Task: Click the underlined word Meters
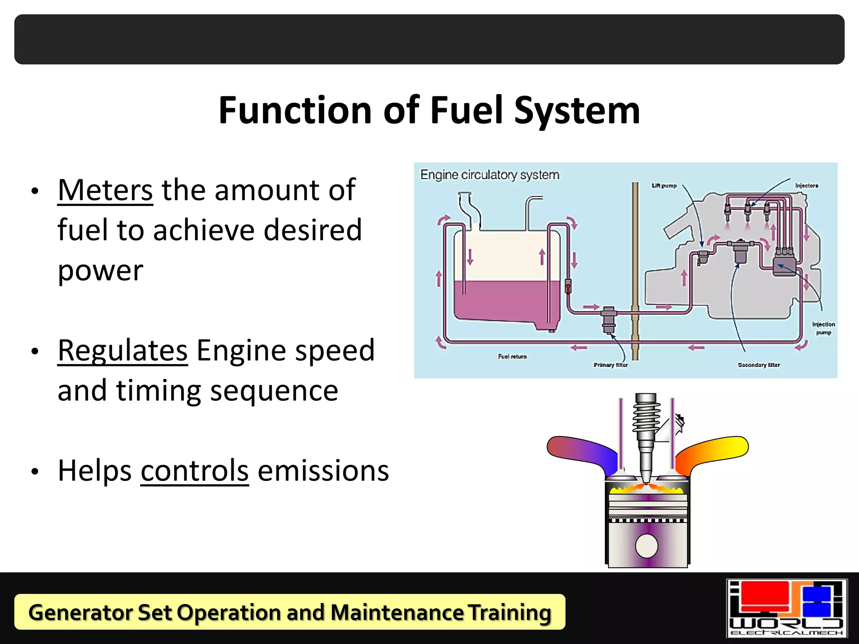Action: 105,191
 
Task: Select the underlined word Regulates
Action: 122,351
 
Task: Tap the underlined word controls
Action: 195,471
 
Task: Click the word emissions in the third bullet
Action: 323,471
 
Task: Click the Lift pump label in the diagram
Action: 664,186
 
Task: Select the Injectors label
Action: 807,186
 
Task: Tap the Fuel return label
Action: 512,357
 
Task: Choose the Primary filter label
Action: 611,365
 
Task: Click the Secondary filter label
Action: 759,365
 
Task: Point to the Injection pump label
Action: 823,328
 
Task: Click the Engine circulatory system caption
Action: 490,175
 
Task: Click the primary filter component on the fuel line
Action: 609,319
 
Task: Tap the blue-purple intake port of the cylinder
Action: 583,451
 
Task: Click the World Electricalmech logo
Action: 786,608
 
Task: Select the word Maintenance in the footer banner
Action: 397,613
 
